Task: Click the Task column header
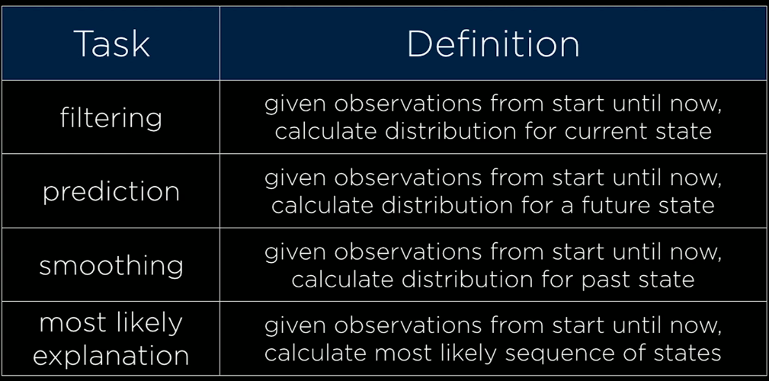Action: coord(112,43)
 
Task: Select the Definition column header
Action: coord(493,43)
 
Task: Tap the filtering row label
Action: coord(111,118)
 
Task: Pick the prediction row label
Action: coord(111,192)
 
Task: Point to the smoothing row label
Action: coord(111,266)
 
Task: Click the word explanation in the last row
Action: coord(111,355)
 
